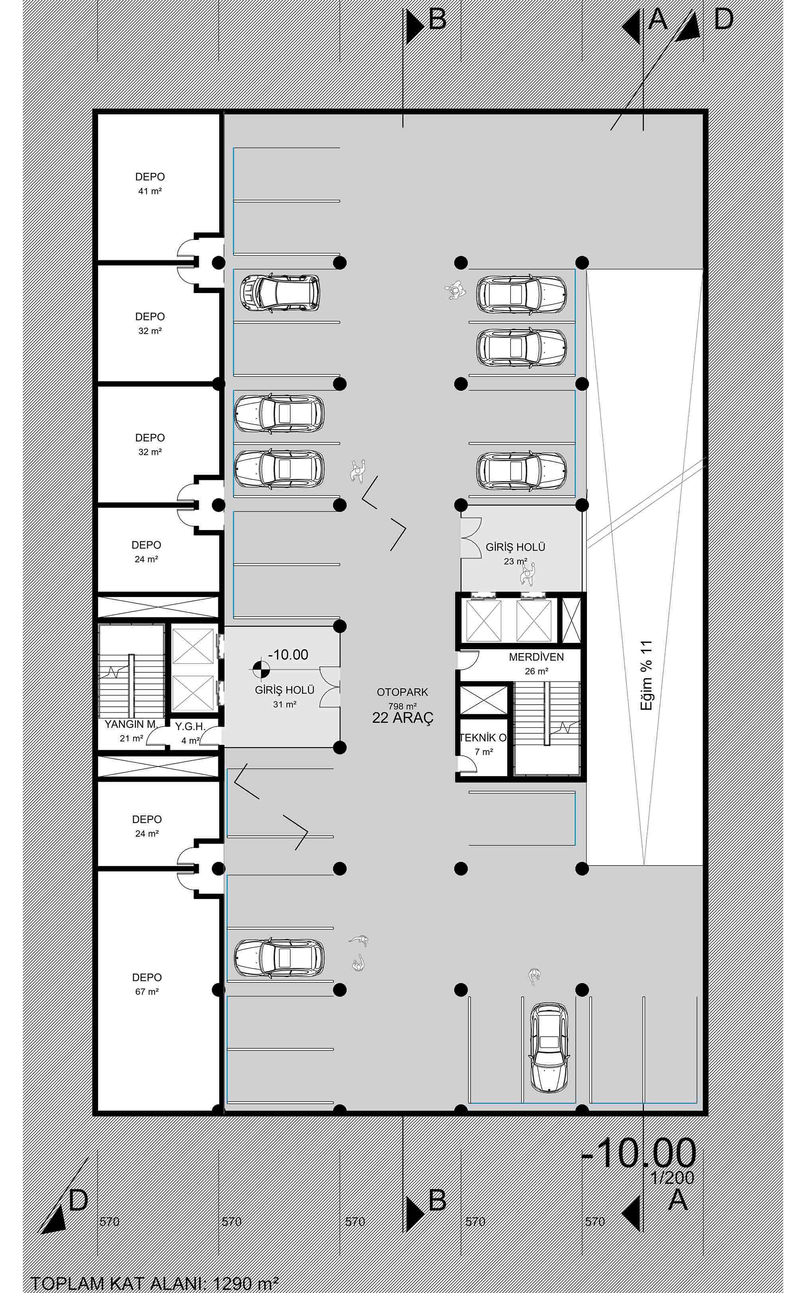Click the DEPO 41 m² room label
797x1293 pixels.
pos(150,183)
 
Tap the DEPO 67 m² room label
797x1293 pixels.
pos(147,984)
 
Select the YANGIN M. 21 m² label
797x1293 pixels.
pos(131,731)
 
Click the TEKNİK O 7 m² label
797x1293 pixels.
pos(483,744)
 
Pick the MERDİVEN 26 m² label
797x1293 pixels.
pos(536,664)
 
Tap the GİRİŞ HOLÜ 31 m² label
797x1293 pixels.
pos(285,696)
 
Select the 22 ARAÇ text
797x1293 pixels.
pos(403,718)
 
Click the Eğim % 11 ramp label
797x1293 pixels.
pos(646,675)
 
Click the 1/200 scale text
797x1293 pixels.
pos(673,1177)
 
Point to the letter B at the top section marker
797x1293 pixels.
pos(438,20)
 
